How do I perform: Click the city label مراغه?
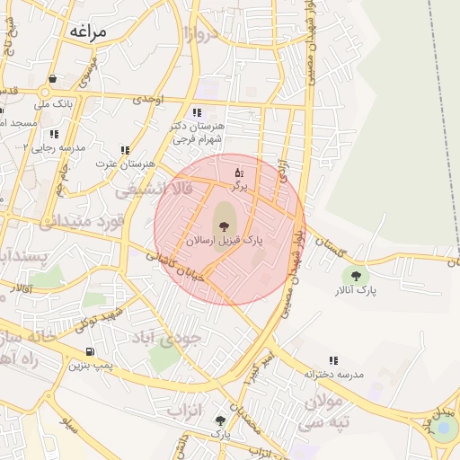pyautogui.click(x=86, y=31)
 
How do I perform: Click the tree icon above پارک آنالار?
pyautogui.click(x=357, y=276)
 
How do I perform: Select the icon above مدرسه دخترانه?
pyautogui.click(x=333, y=360)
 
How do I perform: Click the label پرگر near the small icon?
pyautogui.click(x=238, y=185)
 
